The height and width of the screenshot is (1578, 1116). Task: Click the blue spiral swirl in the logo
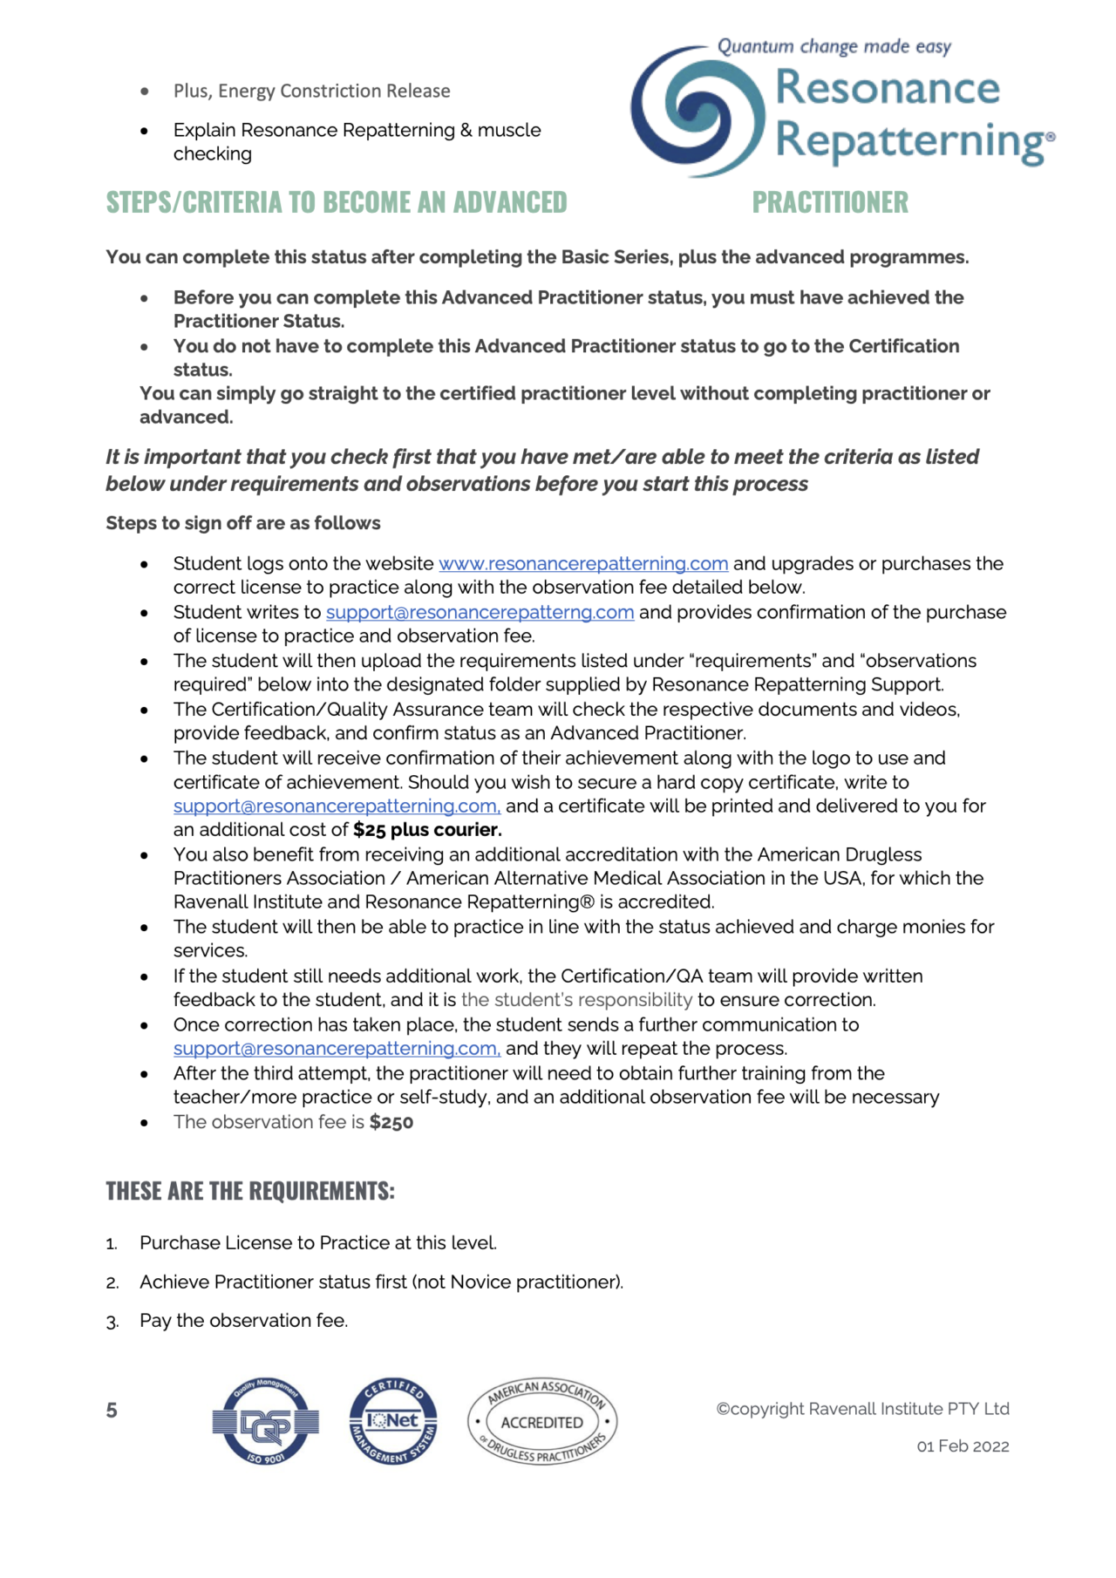698,112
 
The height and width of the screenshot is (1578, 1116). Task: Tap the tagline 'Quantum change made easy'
834,46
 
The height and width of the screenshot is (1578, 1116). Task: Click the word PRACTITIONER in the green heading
829,202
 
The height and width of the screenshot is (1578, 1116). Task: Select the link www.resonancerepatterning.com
582,564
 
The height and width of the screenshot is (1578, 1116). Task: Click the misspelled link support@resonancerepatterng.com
480,613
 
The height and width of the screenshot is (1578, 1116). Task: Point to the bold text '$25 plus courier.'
427,830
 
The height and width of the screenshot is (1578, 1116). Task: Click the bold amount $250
391,1123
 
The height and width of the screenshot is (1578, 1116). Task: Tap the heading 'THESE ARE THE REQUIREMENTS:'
250,1191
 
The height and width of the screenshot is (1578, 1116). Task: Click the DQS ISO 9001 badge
266,1422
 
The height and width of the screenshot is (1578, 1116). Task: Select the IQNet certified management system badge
393,1422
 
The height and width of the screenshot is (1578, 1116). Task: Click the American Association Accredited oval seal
542,1422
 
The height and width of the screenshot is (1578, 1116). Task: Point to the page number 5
112,1411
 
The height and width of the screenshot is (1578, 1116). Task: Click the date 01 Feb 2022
963,1446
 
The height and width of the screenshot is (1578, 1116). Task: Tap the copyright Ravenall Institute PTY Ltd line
862,1409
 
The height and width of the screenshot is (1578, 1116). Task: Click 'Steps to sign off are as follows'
243,523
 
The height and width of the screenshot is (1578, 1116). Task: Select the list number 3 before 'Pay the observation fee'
112,1322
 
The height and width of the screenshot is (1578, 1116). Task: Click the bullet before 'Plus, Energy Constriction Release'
145,92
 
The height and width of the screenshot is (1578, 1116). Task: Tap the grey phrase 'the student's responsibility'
576,1000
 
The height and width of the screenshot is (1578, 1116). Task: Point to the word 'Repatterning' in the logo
907,141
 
